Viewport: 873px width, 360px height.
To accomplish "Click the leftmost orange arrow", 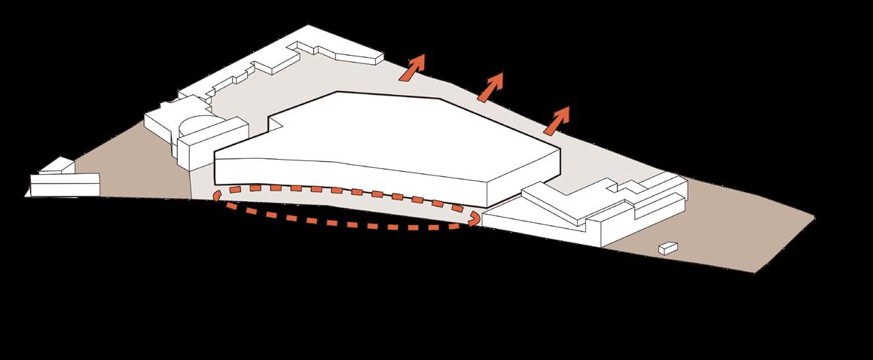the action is (412, 69).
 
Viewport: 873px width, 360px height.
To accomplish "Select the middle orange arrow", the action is (491, 87).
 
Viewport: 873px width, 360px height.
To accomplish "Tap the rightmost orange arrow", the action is (557, 119).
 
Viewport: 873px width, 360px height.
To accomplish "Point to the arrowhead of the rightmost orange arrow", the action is (564, 112).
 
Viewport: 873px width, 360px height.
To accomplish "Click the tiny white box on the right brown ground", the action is (666, 247).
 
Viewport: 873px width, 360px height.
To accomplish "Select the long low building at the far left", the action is (65, 184).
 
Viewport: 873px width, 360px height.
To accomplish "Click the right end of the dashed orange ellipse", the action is (475, 218).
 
